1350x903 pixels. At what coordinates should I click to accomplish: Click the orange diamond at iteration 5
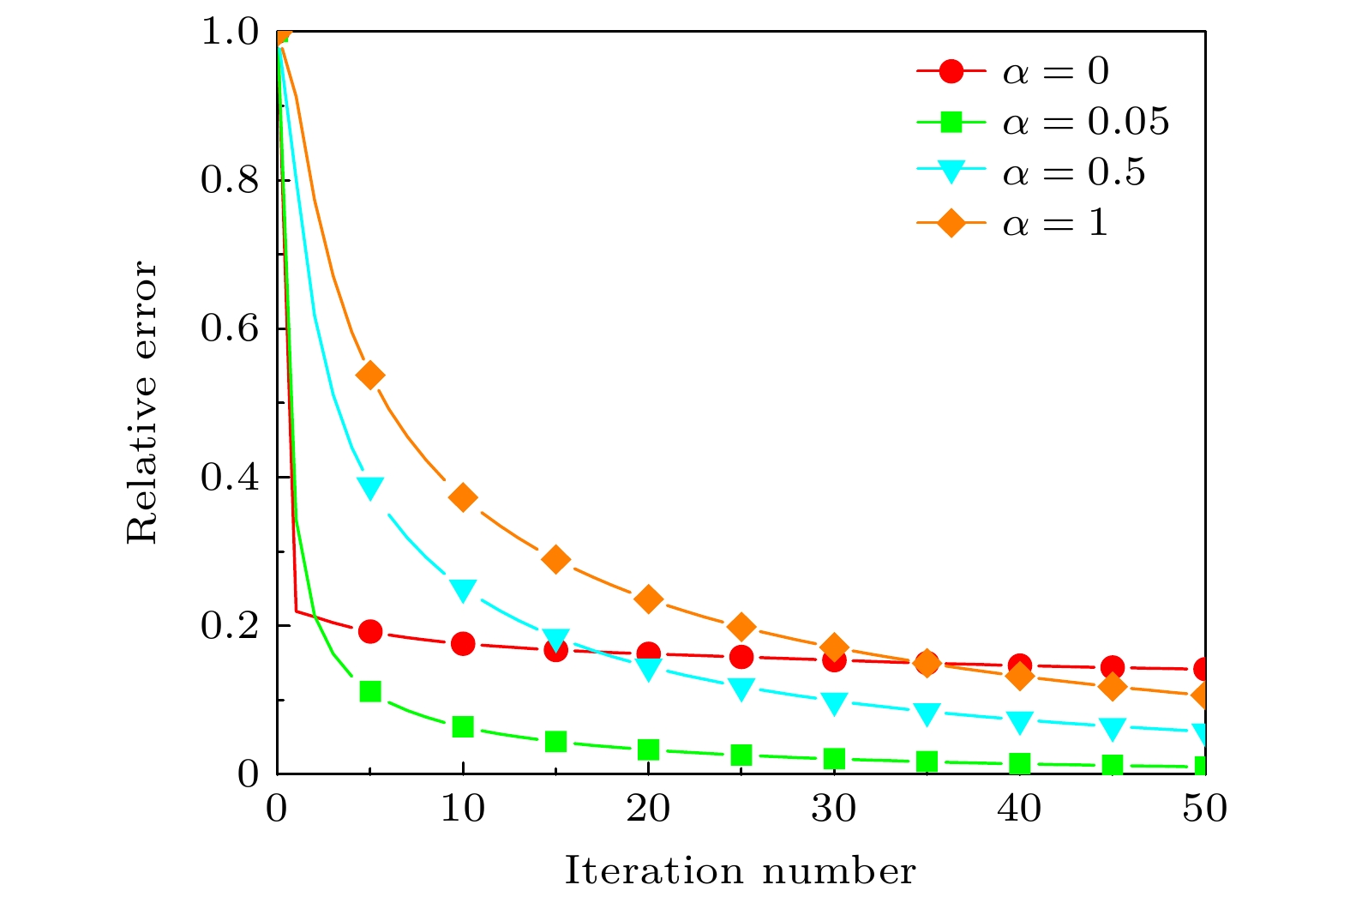coord(370,375)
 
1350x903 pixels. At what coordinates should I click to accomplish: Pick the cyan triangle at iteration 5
coord(370,488)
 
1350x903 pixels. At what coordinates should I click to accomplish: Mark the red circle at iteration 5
coord(370,631)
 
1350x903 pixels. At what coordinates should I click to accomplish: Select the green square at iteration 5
coord(370,691)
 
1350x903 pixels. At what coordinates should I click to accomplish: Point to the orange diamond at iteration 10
coord(463,497)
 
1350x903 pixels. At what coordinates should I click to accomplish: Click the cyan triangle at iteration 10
coord(463,590)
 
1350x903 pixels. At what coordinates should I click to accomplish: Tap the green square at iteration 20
coord(649,750)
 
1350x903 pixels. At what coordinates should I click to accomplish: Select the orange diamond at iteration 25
coord(741,627)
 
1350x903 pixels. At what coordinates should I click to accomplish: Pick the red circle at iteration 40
coord(1020,665)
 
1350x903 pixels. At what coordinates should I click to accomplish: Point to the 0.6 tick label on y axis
coord(229,329)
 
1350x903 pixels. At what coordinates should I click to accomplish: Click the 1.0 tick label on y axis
coord(229,33)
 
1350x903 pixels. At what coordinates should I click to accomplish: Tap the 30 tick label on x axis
coord(834,809)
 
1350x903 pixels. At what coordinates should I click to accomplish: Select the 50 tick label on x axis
coord(1205,809)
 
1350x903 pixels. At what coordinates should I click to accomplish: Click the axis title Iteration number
coord(741,871)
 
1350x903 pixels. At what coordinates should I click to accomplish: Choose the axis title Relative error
coord(143,403)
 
